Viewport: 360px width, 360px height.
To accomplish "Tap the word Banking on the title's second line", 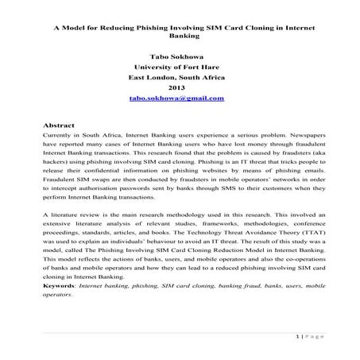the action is click(180, 35).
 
